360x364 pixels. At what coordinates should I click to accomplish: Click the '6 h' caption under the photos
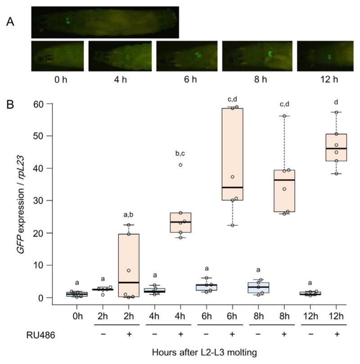click(186, 80)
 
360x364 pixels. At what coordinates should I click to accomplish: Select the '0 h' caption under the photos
click(57, 80)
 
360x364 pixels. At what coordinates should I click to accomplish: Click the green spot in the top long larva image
click(67, 21)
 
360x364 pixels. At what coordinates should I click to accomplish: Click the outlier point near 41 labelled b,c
click(180, 165)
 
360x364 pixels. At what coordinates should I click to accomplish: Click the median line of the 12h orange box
click(336, 149)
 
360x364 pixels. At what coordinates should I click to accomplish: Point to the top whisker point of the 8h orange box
click(284, 116)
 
